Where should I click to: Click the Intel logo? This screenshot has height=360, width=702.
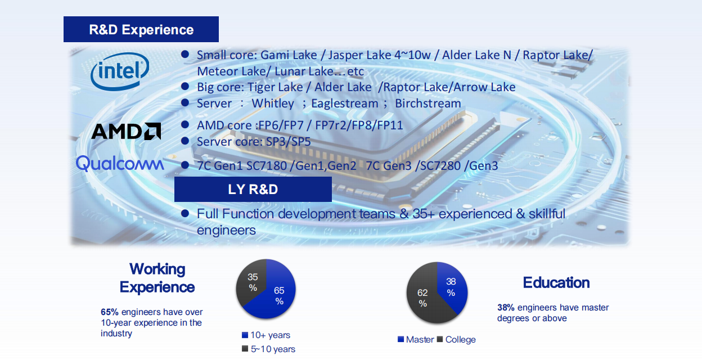coord(120,71)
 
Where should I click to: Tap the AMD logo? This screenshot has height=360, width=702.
coord(126,131)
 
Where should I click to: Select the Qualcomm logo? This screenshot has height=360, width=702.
coord(120,163)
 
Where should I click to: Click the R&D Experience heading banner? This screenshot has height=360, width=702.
coord(141,29)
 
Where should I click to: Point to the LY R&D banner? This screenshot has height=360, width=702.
coord(253,189)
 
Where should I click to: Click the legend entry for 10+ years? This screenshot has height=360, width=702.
coord(266,335)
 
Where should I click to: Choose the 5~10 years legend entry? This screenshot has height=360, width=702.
coord(268,349)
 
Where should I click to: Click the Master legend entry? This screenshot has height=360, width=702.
coord(416,339)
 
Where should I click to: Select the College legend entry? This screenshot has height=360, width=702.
coord(456,339)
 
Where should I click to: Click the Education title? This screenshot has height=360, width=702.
coord(556,282)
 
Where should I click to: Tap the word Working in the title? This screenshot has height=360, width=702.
coord(157,269)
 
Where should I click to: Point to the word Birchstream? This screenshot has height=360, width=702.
coord(427,103)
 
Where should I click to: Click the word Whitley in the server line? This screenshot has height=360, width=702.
coord(273,103)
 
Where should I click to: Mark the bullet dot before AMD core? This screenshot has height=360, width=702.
coord(185,125)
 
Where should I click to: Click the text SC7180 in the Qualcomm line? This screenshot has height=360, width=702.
coord(267,166)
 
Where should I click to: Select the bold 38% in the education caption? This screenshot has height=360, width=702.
coord(506,307)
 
